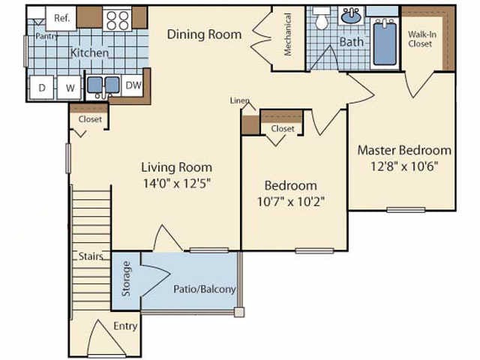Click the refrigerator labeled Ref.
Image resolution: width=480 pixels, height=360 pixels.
61,18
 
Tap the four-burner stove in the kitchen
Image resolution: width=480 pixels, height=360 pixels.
117,20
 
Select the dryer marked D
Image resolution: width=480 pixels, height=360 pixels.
42,88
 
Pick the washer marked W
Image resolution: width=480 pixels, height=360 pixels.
70,88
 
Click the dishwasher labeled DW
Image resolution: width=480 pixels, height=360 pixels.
133,85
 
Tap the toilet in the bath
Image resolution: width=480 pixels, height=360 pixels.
322,18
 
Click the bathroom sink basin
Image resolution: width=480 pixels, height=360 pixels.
351,16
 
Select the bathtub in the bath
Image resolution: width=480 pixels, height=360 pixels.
385,43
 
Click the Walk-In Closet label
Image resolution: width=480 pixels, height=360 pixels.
421,39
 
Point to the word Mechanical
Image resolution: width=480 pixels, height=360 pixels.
287,34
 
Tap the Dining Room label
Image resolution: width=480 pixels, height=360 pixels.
204,34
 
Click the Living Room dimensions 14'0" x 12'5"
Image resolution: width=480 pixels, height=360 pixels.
177,183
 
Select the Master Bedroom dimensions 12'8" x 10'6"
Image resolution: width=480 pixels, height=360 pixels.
404,166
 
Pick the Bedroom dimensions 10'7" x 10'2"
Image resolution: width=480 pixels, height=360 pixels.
290,202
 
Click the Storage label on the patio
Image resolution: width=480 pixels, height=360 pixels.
126,278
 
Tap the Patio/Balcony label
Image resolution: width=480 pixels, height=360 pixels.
205,289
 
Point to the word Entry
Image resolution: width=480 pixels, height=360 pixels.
125,326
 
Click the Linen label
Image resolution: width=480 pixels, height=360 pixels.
239,100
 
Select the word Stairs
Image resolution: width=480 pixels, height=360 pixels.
91,256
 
